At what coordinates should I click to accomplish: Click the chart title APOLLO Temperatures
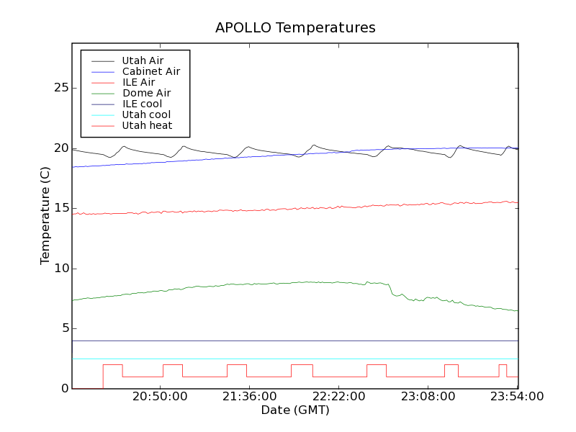(x=295, y=28)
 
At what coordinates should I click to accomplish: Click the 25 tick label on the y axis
(x=61, y=88)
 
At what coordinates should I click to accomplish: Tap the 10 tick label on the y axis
(x=61, y=269)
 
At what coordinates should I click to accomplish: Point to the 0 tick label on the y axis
(x=65, y=389)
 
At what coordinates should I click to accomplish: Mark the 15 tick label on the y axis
(x=61, y=208)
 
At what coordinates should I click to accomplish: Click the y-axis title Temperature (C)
(x=45, y=216)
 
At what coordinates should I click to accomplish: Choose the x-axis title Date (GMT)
(x=294, y=410)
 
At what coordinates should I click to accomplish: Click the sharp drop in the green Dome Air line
(x=391, y=289)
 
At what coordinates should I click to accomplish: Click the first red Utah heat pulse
(x=112, y=366)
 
